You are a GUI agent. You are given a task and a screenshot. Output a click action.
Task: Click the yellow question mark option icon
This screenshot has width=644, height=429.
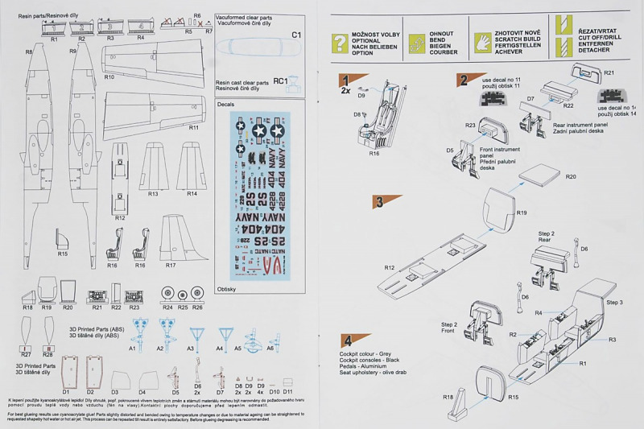point(341,43)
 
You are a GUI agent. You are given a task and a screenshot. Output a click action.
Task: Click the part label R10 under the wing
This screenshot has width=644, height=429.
point(109,77)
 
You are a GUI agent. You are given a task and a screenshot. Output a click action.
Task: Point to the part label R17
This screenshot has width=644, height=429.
point(171,265)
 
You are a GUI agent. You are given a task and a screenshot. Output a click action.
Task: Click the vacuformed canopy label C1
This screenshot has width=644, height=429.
point(295,35)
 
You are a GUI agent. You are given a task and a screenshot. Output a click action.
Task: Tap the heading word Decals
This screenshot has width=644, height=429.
point(226,104)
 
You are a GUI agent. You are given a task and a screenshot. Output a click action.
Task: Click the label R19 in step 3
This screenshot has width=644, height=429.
point(522,213)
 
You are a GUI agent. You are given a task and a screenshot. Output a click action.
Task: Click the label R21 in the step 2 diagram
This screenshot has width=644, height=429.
point(609,73)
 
